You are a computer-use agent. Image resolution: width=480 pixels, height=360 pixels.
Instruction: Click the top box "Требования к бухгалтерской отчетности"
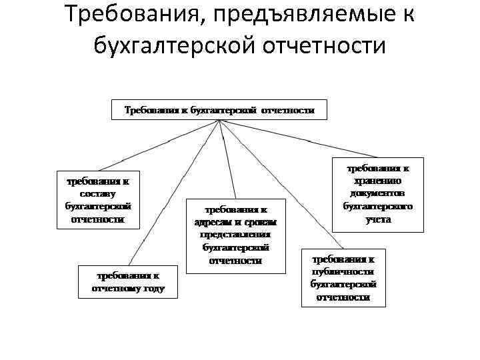pyautogui.click(x=219, y=109)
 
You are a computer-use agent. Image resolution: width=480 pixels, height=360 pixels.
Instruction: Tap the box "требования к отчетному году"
pyautogui.click(x=127, y=281)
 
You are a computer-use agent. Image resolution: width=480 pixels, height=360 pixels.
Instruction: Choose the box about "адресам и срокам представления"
pyautogui.click(x=235, y=235)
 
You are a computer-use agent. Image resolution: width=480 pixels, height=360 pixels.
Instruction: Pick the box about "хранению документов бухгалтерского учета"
pyautogui.click(x=377, y=194)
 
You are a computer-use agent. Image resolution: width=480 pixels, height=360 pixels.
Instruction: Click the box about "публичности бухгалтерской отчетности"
pyautogui.click(x=343, y=277)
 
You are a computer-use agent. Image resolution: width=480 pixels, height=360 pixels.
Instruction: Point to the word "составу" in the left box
pyautogui.click(x=97, y=193)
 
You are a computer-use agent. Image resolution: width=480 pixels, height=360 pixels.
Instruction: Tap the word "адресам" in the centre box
pyautogui.click(x=213, y=222)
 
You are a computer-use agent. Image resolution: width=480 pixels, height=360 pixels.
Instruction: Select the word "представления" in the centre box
pyautogui.click(x=235, y=235)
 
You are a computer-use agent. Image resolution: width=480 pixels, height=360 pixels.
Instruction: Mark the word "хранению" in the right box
pyautogui.click(x=378, y=181)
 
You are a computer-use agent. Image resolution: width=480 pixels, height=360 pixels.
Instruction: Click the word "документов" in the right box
pyautogui.click(x=378, y=194)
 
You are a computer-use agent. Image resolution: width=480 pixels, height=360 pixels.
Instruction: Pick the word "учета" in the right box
pyautogui.click(x=378, y=219)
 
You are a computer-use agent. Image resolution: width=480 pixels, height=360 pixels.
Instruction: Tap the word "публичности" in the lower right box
pyautogui.click(x=343, y=271)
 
